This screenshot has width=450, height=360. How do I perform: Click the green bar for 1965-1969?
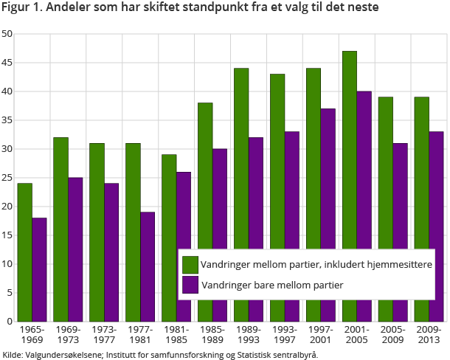point(25,252)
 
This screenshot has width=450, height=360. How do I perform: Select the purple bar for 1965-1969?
point(39,269)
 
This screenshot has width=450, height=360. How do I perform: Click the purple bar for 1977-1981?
point(148,266)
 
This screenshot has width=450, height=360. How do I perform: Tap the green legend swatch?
point(190,264)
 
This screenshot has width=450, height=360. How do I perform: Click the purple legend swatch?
point(190,284)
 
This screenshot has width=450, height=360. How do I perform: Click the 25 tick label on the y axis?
point(7,178)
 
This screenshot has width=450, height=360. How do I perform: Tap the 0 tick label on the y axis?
point(10,322)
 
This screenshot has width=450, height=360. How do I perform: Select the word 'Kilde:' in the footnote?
point(13,355)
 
